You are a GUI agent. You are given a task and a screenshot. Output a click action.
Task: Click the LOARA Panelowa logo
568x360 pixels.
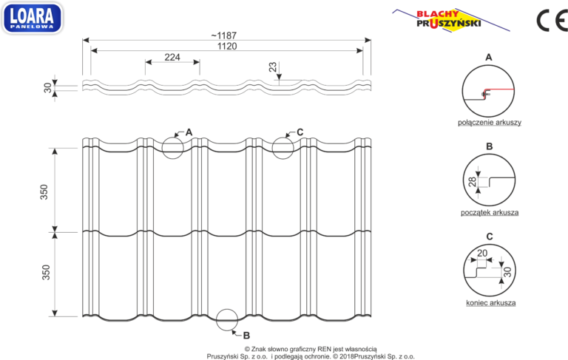(x=33, y=18)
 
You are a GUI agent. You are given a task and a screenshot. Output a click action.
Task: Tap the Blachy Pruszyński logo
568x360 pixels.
(x=450, y=19)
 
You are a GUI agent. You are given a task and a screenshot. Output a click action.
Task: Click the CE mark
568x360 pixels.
(x=552, y=21)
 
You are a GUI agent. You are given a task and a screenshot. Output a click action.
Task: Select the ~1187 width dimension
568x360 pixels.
(x=224, y=35)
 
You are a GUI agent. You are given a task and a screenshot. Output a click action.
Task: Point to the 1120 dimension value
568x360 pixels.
(x=227, y=47)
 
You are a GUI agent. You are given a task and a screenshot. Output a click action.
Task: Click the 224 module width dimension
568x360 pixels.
(x=172, y=57)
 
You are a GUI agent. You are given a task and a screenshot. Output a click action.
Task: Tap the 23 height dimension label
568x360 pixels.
(x=272, y=67)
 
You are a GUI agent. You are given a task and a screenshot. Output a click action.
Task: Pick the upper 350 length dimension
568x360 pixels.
(x=44, y=192)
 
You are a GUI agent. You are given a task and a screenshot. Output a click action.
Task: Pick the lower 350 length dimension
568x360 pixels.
(x=46, y=272)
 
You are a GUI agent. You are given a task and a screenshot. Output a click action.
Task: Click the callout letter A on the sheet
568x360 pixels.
(x=189, y=132)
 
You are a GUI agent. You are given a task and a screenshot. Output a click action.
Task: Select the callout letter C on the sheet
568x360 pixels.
(x=300, y=132)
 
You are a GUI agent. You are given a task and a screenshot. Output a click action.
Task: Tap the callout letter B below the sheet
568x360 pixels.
(x=246, y=336)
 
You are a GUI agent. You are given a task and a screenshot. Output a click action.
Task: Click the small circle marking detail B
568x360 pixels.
(x=227, y=309)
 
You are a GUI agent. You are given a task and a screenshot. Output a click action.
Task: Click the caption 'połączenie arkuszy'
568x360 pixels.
(x=490, y=123)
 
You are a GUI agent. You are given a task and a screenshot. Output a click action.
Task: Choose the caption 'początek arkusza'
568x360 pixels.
(x=490, y=212)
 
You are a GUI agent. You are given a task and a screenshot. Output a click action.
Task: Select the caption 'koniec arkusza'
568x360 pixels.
(x=491, y=302)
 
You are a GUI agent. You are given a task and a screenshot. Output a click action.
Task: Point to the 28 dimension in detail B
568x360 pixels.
(x=473, y=182)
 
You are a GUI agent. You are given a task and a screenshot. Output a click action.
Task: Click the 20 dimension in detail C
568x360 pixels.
(x=482, y=253)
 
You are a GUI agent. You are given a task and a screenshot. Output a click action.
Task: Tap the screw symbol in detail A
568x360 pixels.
(x=484, y=95)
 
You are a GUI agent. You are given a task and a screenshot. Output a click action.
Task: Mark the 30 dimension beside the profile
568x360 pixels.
(x=48, y=88)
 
